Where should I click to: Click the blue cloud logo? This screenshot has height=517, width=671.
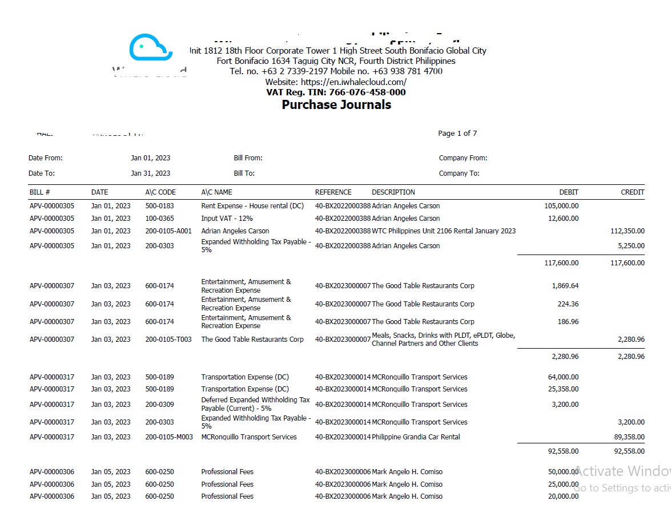click(150, 47)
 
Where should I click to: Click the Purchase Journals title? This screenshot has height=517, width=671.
click(336, 105)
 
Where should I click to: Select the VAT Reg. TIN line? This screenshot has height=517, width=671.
click(336, 92)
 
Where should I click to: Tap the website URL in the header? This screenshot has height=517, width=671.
click(336, 82)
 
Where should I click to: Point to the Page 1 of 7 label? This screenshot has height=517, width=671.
click(457, 134)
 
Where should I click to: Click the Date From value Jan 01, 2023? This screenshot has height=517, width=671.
click(150, 158)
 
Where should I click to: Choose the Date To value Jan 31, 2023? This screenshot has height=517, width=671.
click(150, 173)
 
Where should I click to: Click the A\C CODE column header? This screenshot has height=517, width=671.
click(160, 192)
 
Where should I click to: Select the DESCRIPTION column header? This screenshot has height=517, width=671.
click(393, 192)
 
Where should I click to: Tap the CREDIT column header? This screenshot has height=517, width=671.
click(632, 192)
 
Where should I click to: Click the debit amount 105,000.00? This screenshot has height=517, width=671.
click(561, 206)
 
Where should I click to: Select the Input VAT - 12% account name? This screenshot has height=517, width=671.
click(227, 219)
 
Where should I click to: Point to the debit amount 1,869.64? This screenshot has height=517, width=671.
click(565, 286)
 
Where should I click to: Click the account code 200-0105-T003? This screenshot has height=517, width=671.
click(168, 340)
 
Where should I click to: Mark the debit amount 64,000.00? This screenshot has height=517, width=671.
click(563, 377)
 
